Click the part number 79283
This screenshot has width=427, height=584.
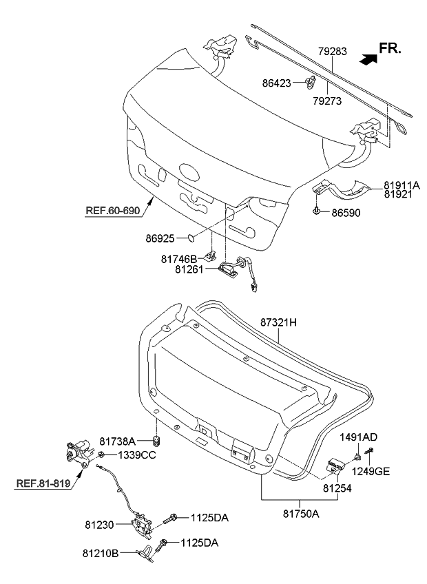click(332, 52)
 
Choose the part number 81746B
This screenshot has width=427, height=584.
click(179, 259)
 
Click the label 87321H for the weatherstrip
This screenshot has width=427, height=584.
click(278, 322)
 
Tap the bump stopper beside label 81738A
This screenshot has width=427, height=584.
click(157, 441)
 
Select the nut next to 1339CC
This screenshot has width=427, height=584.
click(101, 455)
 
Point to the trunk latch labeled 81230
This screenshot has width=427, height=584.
click(144, 528)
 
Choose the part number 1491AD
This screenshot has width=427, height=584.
click(358, 437)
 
